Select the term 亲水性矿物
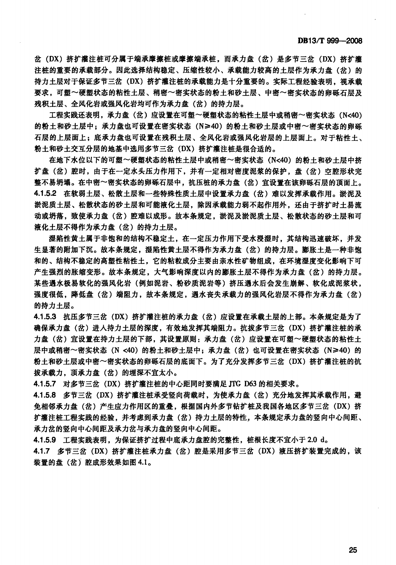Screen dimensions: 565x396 coord(255,261)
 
